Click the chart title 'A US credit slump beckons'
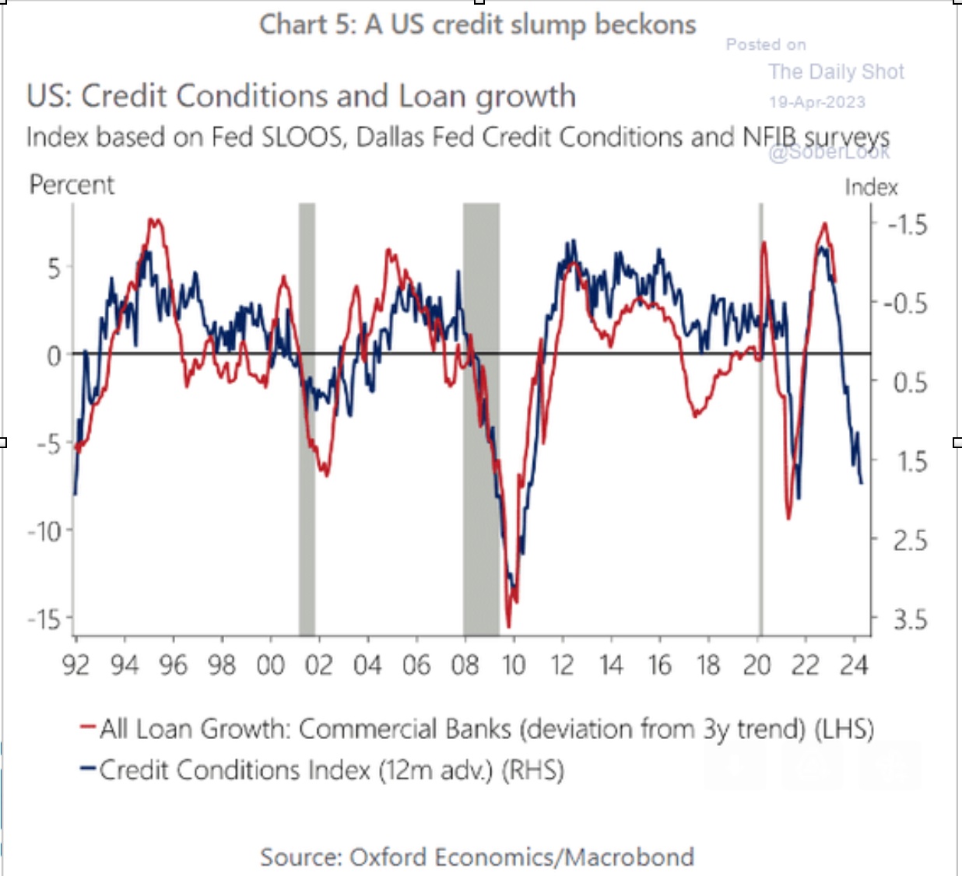(x=477, y=25)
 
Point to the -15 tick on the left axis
(x=44, y=620)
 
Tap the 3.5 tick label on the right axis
(x=910, y=620)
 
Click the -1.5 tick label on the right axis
(x=908, y=225)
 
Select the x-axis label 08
(x=465, y=665)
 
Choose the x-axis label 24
(x=854, y=665)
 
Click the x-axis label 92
(x=75, y=665)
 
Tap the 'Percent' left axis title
(x=72, y=185)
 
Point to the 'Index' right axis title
(x=871, y=187)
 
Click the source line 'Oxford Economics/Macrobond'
(x=477, y=857)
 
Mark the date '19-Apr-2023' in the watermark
(x=816, y=102)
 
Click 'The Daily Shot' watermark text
(x=836, y=72)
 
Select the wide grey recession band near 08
(x=481, y=420)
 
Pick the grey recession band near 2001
(x=307, y=420)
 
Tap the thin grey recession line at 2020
(x=760, y=420)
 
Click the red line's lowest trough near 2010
(x=509, y=625)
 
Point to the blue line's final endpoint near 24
(x=862, y=483)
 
